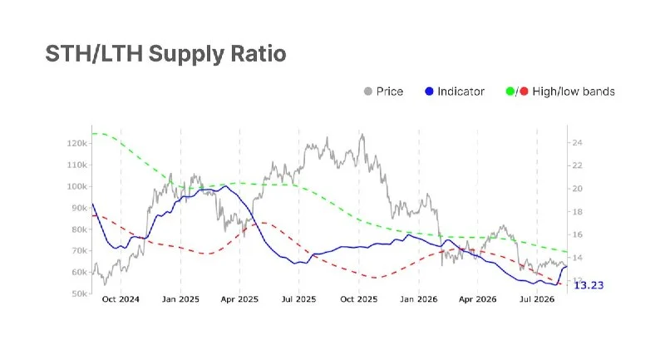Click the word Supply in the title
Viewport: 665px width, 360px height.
[x=186, y=54]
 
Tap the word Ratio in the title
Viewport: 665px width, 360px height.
[x=259, y=53]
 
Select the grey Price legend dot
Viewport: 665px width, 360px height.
[x=368, y=91]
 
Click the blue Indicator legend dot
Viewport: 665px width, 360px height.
[x=429, y=91]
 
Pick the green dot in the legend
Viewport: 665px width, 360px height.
[x=510, y=91]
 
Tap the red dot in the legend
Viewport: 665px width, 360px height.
[x=525, y=91]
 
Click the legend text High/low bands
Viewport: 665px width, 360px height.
[x=574, y=91]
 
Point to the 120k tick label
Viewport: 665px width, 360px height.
[x=76, y=143]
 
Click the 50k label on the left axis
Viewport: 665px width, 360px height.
[x=79, y=293]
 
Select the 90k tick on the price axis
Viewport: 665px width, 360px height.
[x=79, y=208]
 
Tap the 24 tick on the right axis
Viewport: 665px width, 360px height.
[x=577, y=142]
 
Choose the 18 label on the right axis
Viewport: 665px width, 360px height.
[x=577, y=211]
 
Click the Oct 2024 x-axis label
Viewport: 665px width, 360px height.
[x=121, y=299]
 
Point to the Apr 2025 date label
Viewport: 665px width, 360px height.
[x=239, y=299]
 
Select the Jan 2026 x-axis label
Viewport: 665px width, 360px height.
[x=419, y=299]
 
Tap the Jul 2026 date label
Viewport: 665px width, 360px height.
[x=537, y=299]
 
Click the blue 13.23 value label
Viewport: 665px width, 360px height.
[x=589, y=285]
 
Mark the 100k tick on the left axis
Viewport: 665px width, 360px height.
[x=76, y=186]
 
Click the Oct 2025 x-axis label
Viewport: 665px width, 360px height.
[x=359, y=299]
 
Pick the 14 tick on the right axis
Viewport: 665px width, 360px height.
[x=577, y=258]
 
